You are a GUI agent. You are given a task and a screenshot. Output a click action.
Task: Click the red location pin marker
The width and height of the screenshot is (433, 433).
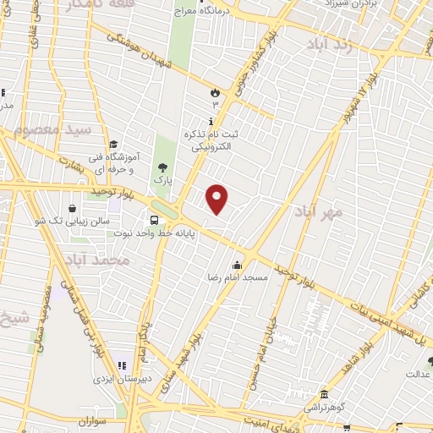pos(217,198)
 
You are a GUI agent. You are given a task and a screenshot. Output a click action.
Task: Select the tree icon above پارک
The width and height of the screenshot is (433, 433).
pos(162,167)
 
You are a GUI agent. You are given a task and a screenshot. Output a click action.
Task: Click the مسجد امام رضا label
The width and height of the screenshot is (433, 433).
pos(238,277)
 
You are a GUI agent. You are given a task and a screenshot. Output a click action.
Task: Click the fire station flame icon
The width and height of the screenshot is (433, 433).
pos(215,91)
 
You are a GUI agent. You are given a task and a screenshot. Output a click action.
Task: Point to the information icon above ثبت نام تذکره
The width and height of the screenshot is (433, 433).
pos(211,121)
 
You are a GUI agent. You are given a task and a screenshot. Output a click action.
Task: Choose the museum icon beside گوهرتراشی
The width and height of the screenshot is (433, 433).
pos(324,394)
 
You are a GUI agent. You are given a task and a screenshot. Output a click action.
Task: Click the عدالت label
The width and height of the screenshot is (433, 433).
pos(419,373)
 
